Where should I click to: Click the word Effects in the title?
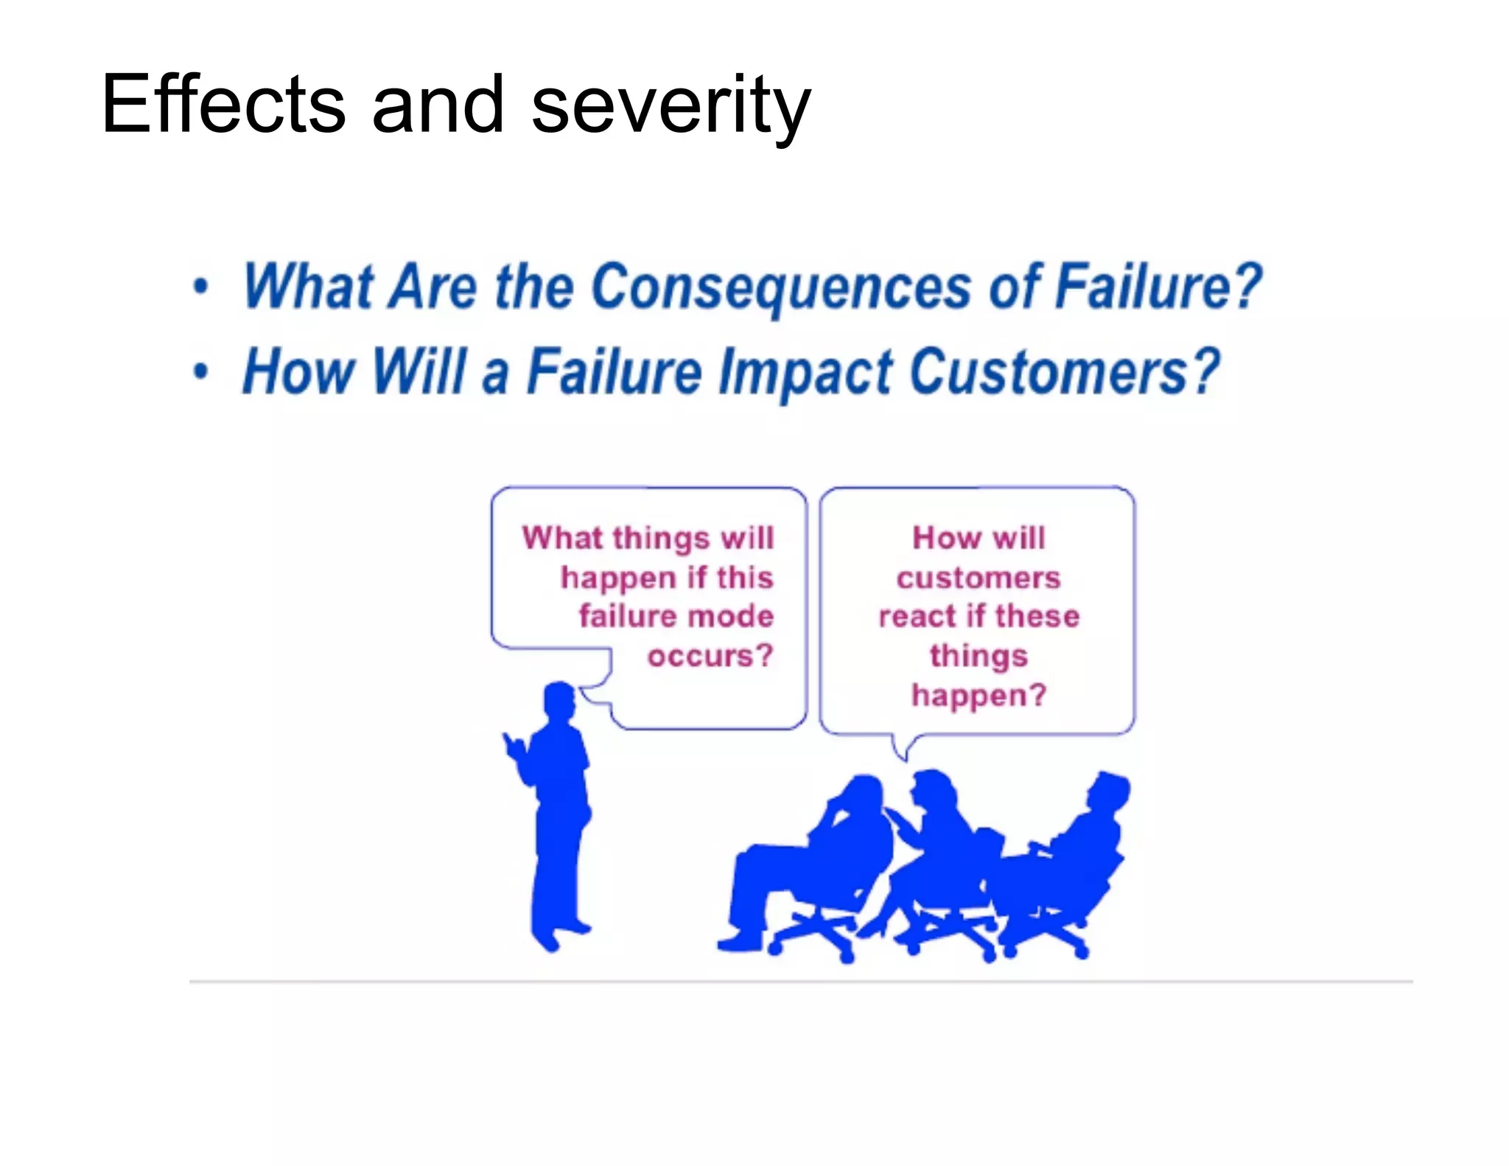(x=223, y=105)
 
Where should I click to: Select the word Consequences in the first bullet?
(x=781, y=287)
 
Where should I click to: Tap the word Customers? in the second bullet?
(x=1065, y=372)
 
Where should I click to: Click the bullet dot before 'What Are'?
(x=201, y=287)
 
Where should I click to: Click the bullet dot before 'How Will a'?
(x=201, y=371)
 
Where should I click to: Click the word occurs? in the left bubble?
(x=710, y=655)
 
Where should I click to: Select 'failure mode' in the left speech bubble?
(x=676, y=616)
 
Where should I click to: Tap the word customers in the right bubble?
(x=978, y=577)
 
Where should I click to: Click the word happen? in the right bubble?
(x=978, y=695)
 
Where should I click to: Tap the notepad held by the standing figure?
(x=514, y=746)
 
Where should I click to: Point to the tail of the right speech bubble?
(x=903, y=748)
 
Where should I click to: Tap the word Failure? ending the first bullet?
(x=1158, y=287)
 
